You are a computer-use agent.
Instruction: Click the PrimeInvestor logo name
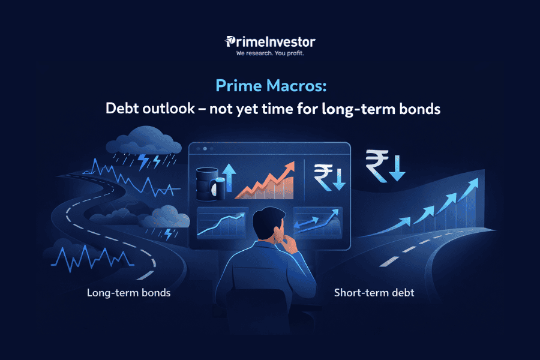[x=271, y=42]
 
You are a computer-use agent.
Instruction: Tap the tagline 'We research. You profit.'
[x=270, y=53]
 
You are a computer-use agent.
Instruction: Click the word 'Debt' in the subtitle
[x=121, y=109]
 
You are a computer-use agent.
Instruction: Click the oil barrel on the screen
[x=205, y=184]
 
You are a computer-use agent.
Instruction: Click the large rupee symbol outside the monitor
[x=377, y=164]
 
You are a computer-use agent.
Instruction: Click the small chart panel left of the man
[x=222, y=224]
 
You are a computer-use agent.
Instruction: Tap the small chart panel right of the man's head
[x=317, y=223]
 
